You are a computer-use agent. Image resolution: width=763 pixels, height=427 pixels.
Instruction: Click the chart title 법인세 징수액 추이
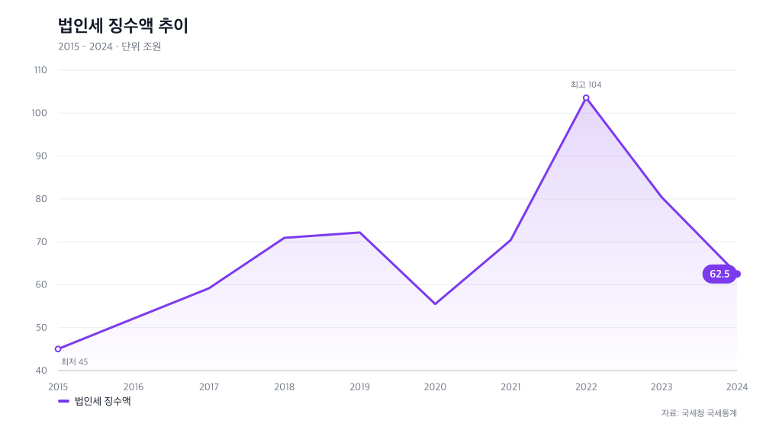(123, 25)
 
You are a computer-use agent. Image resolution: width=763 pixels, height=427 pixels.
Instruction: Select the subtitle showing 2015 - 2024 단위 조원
(109, 47)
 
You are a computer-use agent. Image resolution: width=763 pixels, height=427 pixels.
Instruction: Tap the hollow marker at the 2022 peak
(586, 98)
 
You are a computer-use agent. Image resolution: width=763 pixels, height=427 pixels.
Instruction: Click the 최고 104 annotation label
(586, 85)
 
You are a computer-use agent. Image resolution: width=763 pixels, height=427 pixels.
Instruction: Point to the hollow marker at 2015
(58, 348)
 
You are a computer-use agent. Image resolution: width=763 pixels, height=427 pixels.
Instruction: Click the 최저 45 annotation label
(75, 362)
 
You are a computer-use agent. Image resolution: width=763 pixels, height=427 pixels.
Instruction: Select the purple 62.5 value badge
(720, 274)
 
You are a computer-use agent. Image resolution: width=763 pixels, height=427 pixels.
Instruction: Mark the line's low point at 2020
(435, 304)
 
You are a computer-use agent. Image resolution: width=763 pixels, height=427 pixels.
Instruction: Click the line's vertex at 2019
(359, 233)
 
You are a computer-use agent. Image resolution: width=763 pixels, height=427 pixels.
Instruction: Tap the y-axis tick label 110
(40, 70)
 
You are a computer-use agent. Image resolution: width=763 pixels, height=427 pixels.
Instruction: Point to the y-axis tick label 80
(41, 199)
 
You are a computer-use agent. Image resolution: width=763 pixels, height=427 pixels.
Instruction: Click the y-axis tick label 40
(41, 371)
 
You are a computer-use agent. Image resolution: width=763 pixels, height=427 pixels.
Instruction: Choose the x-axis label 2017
(209, 387)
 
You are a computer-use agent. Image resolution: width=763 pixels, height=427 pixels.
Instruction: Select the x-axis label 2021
(510, 387)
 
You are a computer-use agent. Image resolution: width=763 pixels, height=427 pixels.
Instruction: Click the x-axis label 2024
(737, 387)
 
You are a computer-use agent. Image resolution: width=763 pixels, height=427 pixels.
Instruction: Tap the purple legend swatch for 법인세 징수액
(64, 401)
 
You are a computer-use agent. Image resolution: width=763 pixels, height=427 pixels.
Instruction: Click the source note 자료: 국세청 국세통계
(699, 413)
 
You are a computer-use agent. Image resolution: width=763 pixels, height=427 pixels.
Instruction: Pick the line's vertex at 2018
(284, 238)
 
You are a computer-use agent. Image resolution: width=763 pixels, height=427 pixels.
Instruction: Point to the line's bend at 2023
(662, 197)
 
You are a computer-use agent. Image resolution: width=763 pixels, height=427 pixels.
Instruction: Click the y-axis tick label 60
(41, 285)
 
